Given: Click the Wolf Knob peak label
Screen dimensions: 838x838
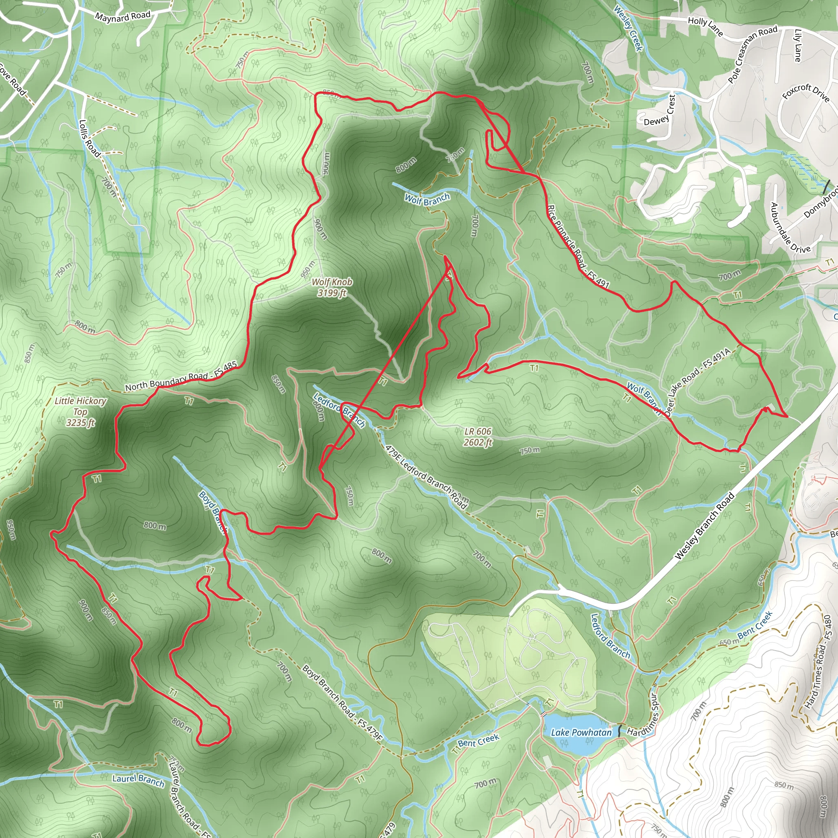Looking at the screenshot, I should (332, 287).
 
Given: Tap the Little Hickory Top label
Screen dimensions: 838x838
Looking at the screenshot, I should (80, 411).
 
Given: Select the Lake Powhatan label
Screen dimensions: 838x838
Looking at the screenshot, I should (581, 732).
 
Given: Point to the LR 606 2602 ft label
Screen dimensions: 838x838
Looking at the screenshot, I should (478, 437).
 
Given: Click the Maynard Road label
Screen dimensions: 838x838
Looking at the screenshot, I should (122, 16).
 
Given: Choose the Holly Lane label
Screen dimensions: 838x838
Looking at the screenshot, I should (705, 26).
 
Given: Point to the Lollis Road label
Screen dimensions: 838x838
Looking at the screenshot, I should (89, 138).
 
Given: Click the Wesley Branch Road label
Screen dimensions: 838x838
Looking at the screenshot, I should (705, 526).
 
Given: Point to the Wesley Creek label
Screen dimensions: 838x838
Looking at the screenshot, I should (628, 28).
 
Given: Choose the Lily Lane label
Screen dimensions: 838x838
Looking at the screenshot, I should (797, 45).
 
